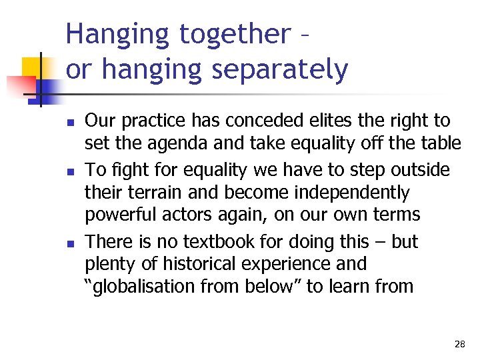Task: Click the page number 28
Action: [459, 344]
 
